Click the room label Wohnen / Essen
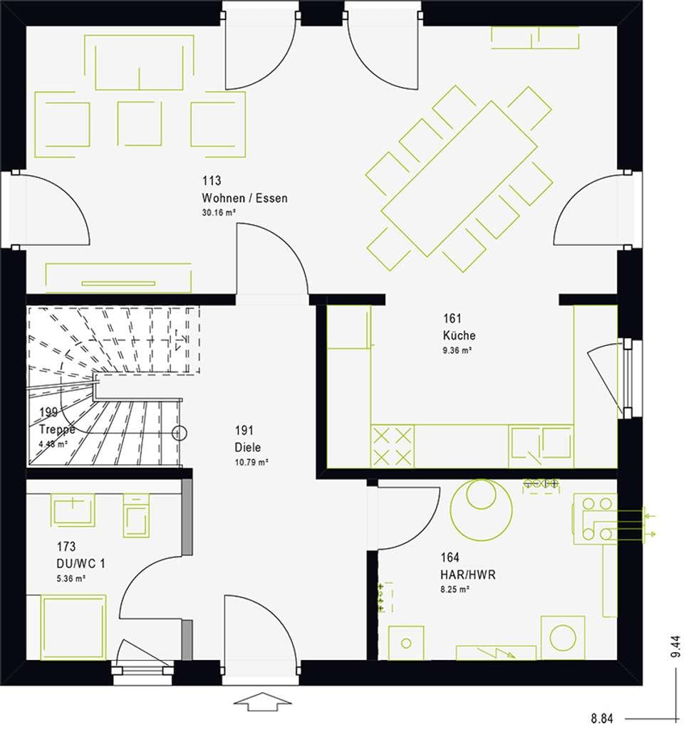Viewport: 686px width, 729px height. coord(244,198)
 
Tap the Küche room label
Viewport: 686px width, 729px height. coord(459,335)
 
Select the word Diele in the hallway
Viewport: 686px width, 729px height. coord(248,447)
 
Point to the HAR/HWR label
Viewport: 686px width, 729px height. coord(468,575)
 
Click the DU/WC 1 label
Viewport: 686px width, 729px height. coord(81,564)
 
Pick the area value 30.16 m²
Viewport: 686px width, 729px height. coord(219,212)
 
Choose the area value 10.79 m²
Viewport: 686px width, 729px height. coord(251,463)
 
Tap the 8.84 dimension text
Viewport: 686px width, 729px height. coord(602,718)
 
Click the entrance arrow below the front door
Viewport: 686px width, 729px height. coord(262,701)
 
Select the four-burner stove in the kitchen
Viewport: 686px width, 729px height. coord(392,446)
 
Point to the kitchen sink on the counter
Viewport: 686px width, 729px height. coord(541,446)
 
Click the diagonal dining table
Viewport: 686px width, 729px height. coord(459,179)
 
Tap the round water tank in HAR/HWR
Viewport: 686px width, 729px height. coord(482,508)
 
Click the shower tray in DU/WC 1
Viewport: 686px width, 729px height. coord(73,627)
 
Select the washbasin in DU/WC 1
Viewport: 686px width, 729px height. coord(73,510)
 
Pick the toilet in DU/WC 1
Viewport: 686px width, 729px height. coord(136,515)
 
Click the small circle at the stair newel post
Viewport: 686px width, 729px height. coord(180,434)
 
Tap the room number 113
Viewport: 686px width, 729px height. coord(211,180)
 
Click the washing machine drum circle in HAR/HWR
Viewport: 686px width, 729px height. coord(563,637)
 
